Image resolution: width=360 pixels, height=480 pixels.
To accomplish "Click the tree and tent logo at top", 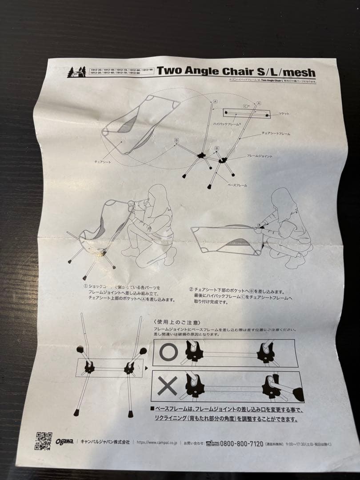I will pos(76,72).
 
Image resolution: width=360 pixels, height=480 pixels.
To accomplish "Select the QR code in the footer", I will pos(44,441).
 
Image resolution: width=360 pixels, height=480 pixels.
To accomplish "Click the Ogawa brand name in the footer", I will pos(64,441).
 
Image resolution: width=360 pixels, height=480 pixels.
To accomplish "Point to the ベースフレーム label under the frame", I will pos(237,184).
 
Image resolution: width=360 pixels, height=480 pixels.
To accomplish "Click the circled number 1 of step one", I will pos(85,287).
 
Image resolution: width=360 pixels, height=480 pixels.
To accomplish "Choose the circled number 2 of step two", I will pos(191,288).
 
